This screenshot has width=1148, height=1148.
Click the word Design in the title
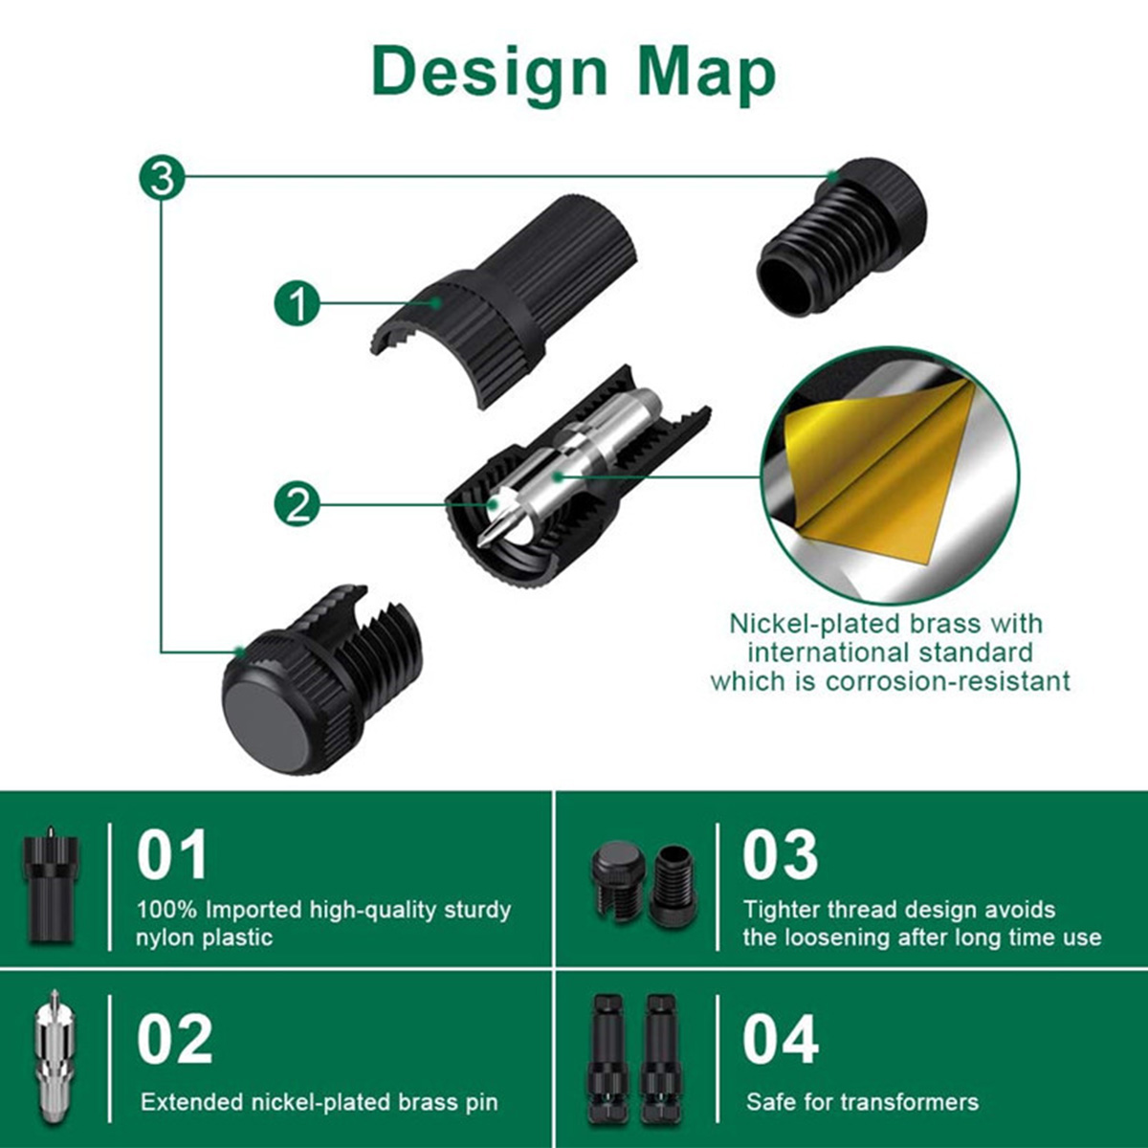pos(489,72)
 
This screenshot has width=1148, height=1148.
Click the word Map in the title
pos(706,72)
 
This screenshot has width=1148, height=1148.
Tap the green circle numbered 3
pos(162,178)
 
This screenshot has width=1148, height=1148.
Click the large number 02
pos(174,1039)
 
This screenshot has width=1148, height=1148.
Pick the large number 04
pos(781,1039)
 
